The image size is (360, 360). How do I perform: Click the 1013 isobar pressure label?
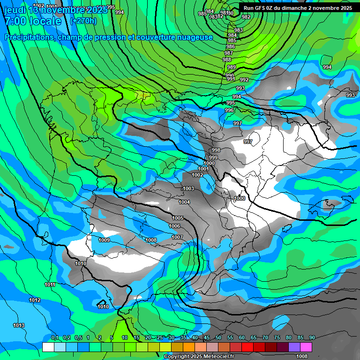click(19, 325)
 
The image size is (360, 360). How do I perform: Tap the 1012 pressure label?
click(35, 300)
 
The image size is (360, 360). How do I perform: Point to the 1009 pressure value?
click(104, 240)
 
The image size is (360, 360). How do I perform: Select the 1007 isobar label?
click(177, 237)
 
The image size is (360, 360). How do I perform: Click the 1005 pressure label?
click(177, 218)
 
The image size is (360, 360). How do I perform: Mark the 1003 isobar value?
click(188, 188)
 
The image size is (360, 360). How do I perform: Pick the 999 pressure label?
click(213, 157)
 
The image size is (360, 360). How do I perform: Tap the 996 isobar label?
click(229, 110)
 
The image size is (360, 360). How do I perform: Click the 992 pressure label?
click(244, 80)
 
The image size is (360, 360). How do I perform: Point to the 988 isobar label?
click(227, 60)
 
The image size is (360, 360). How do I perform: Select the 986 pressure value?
click(231, 46)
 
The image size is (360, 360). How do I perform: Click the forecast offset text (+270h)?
click(83, 21)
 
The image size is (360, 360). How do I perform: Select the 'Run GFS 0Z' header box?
click(298, 8)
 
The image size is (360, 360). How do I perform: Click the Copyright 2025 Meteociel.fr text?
click(199, 356)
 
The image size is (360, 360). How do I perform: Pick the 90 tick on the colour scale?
click(312, 337)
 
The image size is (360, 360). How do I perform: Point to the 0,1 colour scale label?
click(55, 337)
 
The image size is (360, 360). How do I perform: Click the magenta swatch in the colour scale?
click(306, 347)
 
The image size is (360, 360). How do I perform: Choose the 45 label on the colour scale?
click(207, 337)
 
